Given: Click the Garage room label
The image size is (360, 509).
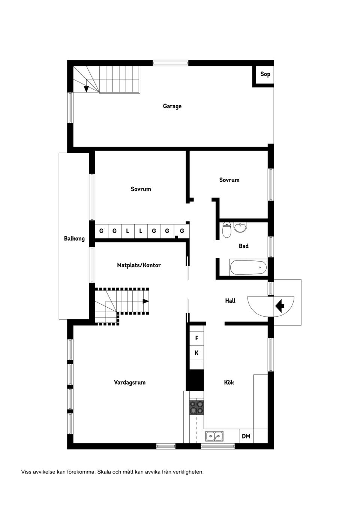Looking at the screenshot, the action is (x=172, y=106).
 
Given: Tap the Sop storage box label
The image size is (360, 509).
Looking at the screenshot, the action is (x=265, y=74).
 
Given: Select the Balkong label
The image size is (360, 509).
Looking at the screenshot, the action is (x=74, y=239).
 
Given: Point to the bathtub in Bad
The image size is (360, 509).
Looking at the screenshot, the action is (x=248, y=268).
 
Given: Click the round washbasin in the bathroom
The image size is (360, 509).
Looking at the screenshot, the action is (x=240, y=228).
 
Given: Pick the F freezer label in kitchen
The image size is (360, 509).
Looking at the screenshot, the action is (x=196, y=338).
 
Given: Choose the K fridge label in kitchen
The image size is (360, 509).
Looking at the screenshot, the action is (x=196, y=353).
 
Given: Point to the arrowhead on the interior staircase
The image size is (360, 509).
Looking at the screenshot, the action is (x=145, y=301).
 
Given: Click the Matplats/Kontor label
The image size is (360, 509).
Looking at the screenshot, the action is (x=139, y=265).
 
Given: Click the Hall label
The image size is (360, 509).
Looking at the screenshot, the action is (x=230, y=301).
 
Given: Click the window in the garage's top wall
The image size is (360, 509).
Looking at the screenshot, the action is (x=171, y=63).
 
